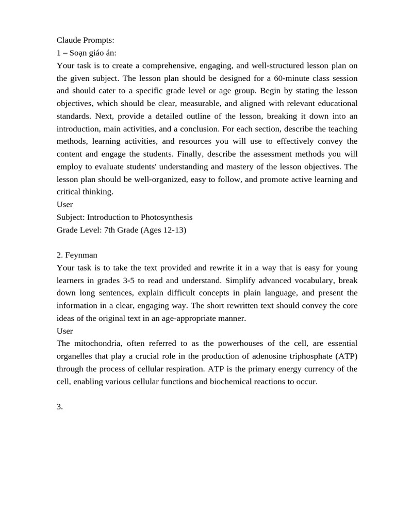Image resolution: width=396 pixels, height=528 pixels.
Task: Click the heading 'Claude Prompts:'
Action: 85,40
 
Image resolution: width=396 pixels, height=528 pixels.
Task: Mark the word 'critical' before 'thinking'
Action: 70,192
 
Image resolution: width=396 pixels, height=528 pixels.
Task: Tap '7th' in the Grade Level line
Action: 110,230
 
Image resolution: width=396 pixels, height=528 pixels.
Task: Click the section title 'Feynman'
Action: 81,255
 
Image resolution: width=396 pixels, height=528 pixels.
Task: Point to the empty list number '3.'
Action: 60,407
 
